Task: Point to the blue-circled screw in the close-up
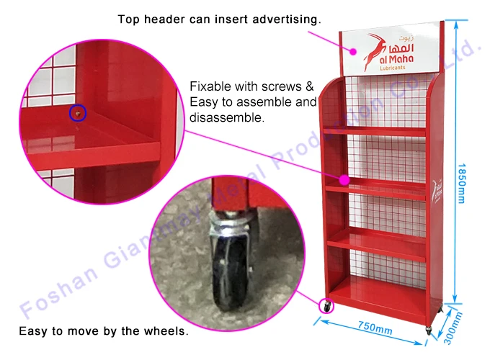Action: click(x=78, y=112)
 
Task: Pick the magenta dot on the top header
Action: click(x=353, y=50)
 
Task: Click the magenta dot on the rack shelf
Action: click(x=344, y=179)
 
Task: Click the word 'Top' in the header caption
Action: click(x=129, y=19)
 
